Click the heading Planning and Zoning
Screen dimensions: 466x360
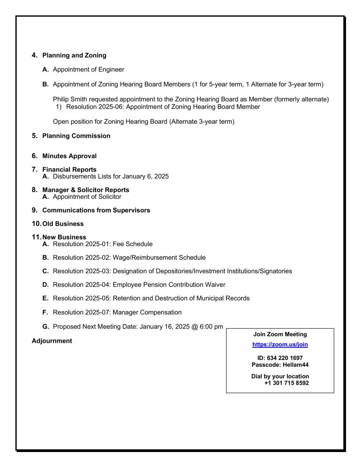click(x=74, y=56)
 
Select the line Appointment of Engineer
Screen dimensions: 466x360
click(x=88, y=70)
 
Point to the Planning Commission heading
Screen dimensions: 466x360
click(x=76, y=136)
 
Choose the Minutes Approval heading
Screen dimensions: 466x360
click(x=69, y=156)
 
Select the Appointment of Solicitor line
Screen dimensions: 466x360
click(x=87, y=197)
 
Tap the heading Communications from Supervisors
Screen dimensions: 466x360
click(x=96, y=210)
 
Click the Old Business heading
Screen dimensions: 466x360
click(x=63, y=224)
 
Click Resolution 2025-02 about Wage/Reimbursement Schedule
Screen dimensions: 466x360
click(x=82, y=257)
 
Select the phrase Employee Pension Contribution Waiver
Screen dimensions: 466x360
click(x=169, y=285)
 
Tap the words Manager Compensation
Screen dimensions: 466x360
click(x=147, y=312)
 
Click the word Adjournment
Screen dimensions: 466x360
click(x=52, y=341)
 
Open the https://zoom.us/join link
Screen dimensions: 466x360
click(x=280, y=344)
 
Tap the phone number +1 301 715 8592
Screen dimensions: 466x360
click(x=287, y=383)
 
